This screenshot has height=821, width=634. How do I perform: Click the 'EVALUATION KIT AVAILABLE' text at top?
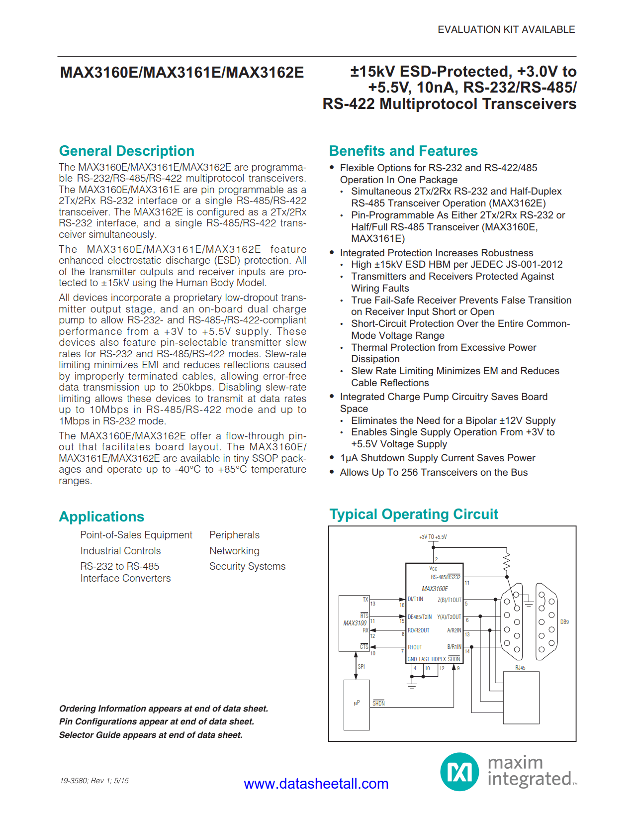click(506, 30)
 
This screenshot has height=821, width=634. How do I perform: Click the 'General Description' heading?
click(126, 151)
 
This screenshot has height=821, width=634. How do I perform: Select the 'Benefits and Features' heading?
click(403, 151)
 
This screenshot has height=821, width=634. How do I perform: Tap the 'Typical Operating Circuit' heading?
click(413, 514)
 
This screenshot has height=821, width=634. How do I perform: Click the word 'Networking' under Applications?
click(234, 551)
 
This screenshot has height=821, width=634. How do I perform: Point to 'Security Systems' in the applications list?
click(247, 567)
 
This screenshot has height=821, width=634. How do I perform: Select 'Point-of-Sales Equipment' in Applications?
click(136, 535)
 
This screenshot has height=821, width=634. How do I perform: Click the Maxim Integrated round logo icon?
click(459, 772)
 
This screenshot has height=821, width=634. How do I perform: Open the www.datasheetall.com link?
click(316, 784)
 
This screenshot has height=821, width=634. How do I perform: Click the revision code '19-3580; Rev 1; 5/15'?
click(94, 781)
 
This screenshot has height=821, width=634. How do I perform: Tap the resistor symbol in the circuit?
click(507, 561)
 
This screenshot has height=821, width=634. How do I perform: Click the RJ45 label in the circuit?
click(520, 668)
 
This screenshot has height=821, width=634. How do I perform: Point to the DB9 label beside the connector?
click(564, 622)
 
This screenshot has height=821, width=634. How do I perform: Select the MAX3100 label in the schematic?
click(355, 623)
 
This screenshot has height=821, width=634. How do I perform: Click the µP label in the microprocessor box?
click(357, 703)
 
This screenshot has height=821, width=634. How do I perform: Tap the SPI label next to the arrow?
click(361, 667)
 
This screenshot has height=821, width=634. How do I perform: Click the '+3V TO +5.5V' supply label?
click(433, 537)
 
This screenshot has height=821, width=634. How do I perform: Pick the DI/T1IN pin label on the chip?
click(415, 600)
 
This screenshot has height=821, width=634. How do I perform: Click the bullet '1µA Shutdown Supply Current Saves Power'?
click(437, 458)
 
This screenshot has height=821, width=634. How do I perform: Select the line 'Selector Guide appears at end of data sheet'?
click(151, 735)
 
